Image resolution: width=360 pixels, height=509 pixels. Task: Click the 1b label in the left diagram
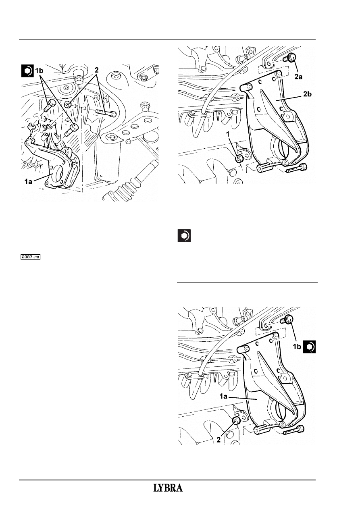click(x=39, y=71)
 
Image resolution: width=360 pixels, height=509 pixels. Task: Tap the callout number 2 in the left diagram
click(x=97, y=71)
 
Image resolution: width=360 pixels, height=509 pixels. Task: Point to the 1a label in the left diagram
click(x=29, y=182)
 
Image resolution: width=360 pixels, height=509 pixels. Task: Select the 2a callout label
click(x=298, y=77)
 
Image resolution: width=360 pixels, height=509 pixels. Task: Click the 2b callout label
click(x=307, y=94)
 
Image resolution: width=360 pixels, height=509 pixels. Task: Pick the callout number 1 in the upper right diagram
click(x=228, y=135)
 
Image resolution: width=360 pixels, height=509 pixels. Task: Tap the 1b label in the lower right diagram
click(x=297, y=347)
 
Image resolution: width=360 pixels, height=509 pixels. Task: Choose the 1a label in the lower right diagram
click(x=224, y=397)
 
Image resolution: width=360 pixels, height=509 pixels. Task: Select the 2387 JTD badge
click(x=31, y=257)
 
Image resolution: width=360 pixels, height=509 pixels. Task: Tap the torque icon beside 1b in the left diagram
click(x=27, y=71)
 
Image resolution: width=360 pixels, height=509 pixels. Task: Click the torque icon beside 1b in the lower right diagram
click(x=309, y=347)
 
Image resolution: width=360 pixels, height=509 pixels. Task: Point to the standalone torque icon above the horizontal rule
click(x=184, y=236)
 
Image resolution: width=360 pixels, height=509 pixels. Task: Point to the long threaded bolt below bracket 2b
click(x=297, y=168)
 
